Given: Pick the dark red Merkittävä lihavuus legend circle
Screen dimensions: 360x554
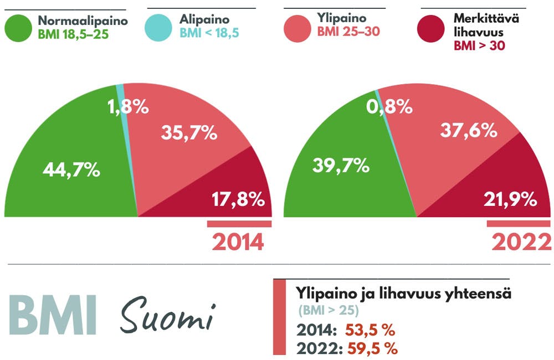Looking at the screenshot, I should point(432,28).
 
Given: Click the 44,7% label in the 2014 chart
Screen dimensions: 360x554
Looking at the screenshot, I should point(71,170).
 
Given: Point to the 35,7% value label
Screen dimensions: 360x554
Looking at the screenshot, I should point(188,133).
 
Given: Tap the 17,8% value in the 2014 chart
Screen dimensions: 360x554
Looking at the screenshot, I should point(238,199).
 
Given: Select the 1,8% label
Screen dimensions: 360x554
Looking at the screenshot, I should point(127,106).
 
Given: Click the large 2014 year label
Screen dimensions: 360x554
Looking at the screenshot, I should point(238,242).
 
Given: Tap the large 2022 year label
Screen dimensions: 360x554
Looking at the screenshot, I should point(521,242).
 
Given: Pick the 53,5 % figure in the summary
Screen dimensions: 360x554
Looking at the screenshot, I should point(370,331).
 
